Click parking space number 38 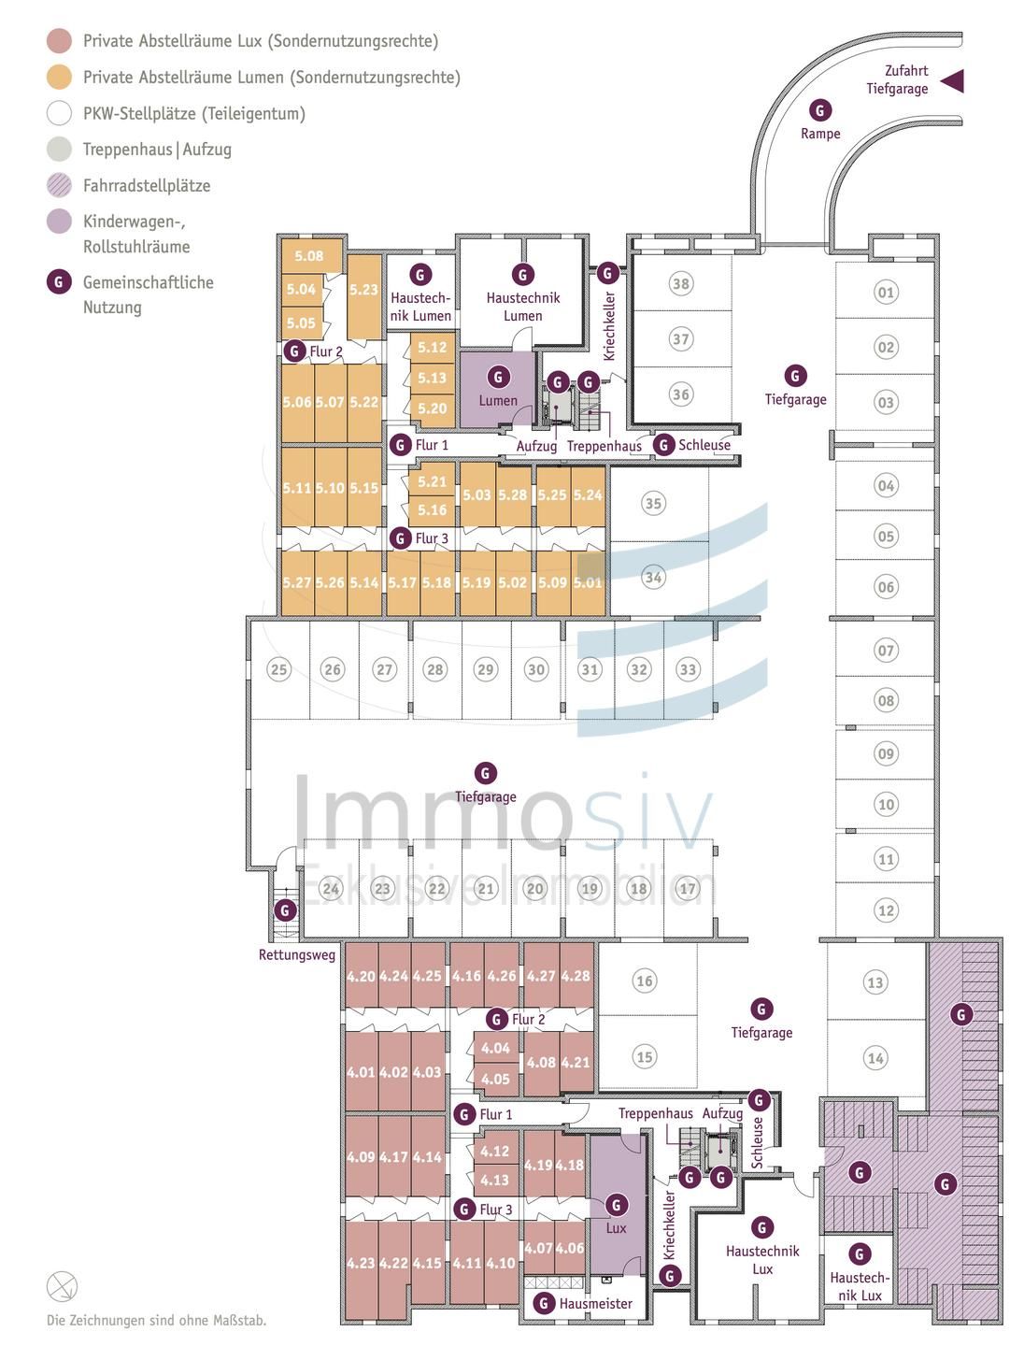click(681, 284)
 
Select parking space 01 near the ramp click(885, 293)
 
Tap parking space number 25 click(278, 669)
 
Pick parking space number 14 click(875, 1058)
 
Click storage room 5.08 click(308, 256)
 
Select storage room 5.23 click(363, 291)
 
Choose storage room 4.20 click(361, 977)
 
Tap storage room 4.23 click(361, 1263)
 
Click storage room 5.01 click(588, 582)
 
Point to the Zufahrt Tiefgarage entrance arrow click(951, 81)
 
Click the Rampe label click(820, 134)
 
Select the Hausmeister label click(595, 1304)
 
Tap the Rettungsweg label click(297, 955)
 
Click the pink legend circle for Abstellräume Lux click(59, 41)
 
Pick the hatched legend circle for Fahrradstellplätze click(59, 185)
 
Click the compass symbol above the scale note click(62, 1287)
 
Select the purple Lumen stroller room click(498, 388)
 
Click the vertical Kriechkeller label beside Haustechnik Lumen click(609, 326)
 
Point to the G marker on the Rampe click(819, 110)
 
